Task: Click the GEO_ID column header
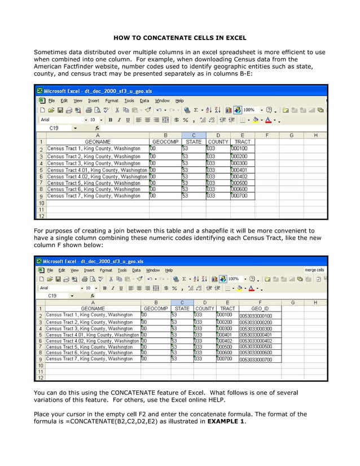pyautogui.click(x=260, y=309)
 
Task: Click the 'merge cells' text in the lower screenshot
pyautogui.click(x=314, y=270)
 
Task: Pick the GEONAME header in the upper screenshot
pyautogui.click(x=97, y=142)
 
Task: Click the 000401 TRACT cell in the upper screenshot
pyautogui.click(x=240, y=169)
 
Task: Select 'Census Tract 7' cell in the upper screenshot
pyautogui.click(x=94, y=196)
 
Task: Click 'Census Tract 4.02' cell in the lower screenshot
pyautogui.click(x=93, y=341)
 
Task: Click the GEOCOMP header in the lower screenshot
pyautogui.click(x=156, y=309)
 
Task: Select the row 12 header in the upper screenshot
pyautogui.click(x=41, y=216)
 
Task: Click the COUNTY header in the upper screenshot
pyautogui.click(x=218, y=142)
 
